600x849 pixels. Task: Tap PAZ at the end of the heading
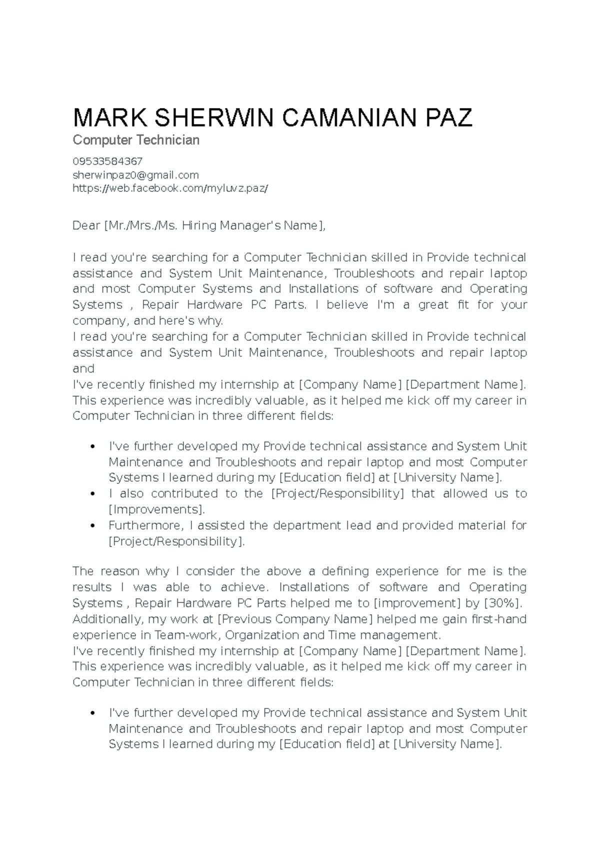coord(448,118)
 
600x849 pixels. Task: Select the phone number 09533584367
coord(107,161)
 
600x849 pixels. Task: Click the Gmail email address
coord(135,175)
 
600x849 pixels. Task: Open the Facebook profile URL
coord(170,188)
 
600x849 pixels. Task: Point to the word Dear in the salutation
coord(86,226)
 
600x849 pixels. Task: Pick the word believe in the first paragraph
coord(347,305)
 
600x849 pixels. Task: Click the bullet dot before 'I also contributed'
coord(92,494)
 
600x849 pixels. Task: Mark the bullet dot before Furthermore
coord(92,526)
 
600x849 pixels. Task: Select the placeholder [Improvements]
coord(156,509)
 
